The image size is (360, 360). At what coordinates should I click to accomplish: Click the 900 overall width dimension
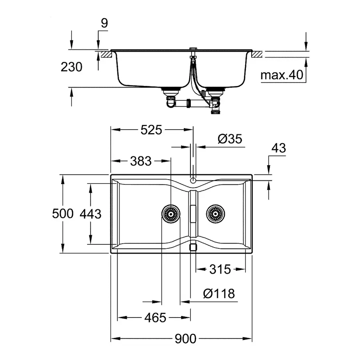click(186, 339)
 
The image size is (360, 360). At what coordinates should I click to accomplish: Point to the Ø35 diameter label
click(230, 139)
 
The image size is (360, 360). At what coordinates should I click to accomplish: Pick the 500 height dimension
click(63, 214)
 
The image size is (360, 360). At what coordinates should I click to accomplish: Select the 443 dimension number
click(90, 214)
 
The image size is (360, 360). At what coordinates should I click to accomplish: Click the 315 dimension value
click(220, 269)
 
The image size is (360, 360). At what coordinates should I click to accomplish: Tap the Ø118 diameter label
click(218, 294)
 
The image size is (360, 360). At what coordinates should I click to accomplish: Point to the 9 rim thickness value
click(104, 24)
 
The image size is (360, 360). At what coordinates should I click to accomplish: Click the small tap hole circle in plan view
click(193, 180)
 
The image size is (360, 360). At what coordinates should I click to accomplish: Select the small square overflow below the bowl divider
click(193, 247)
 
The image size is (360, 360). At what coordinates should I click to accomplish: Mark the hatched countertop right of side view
click(257, 54)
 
